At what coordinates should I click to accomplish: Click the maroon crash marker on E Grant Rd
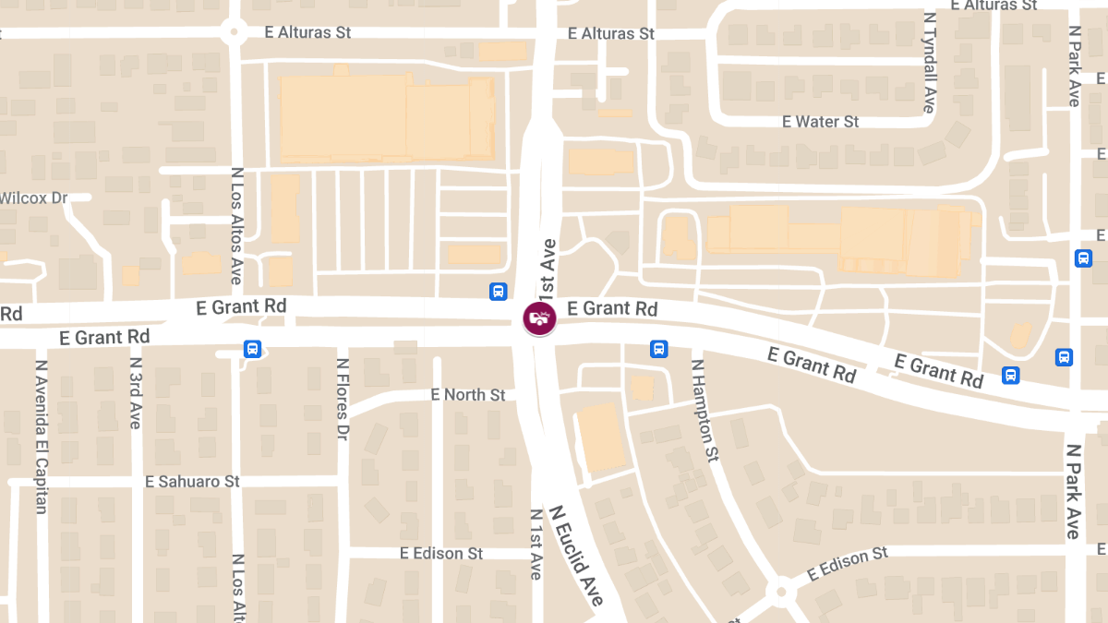point(539,318)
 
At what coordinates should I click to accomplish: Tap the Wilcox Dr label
point(34,198)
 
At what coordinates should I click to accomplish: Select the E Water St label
point(820,122)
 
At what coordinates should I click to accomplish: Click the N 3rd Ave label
point(136,393)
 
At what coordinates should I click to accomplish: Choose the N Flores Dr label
point(343,400)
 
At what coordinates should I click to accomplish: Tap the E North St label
point(468,395)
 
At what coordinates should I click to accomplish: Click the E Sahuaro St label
point(192,482)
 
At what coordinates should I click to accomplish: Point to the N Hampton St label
point(705,410)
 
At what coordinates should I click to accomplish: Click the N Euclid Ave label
point(577,555)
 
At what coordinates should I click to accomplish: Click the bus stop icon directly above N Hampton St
point(658,348)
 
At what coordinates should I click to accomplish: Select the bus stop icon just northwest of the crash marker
point(498,292)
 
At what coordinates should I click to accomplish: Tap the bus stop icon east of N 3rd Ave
point(252,349)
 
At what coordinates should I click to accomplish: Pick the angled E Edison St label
point(847,564)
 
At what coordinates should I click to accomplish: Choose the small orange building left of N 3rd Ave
point(130,275)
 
